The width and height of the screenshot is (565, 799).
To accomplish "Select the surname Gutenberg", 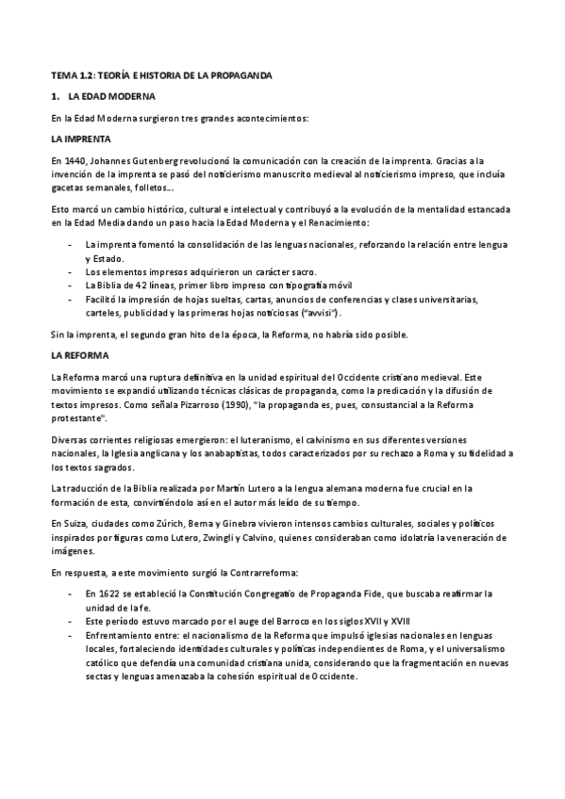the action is tap(146, 159).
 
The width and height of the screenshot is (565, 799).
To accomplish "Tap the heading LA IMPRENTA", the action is tap(78, 139).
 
